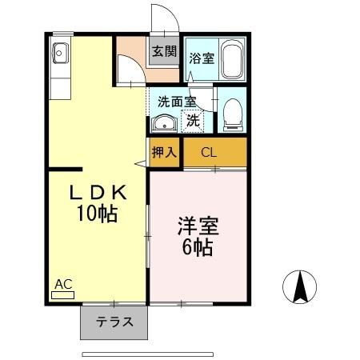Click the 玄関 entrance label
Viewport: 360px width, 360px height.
163,51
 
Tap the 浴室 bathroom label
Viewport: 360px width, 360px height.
201,58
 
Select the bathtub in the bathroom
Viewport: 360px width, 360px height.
231,58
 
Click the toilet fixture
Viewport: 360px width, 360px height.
230,115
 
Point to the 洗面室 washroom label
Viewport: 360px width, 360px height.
176,102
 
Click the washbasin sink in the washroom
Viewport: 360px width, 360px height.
165,124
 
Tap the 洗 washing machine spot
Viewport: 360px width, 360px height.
193,122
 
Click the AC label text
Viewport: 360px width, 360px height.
62,283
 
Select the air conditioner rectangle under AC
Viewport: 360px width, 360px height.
62,294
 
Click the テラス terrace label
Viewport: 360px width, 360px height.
114,323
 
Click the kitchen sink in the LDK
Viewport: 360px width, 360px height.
61,54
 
